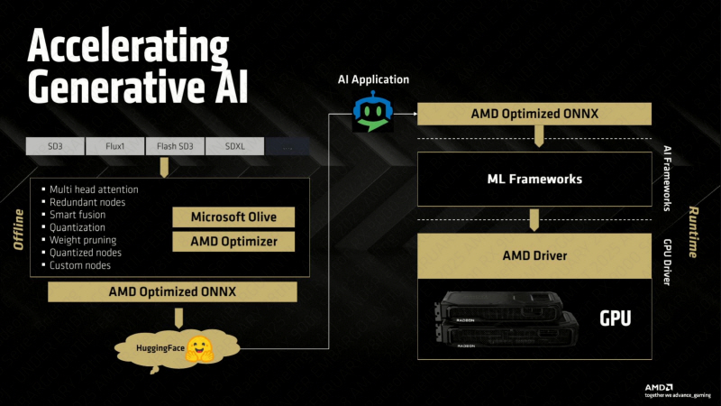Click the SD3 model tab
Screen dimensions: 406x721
[x=55, y=145]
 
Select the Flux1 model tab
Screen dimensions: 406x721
[x=114, y=145]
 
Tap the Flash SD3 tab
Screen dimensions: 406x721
[x=174, y=145]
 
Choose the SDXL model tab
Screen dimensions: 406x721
[x=233, y=145]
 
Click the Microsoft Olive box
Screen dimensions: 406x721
[x=233, y=217]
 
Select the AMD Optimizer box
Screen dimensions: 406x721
[x=233, y=241]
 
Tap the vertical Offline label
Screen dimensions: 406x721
[x=18, y=229]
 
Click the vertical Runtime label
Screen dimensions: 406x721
[x=693, y=230]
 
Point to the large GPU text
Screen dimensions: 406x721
[x=616, y=318]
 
